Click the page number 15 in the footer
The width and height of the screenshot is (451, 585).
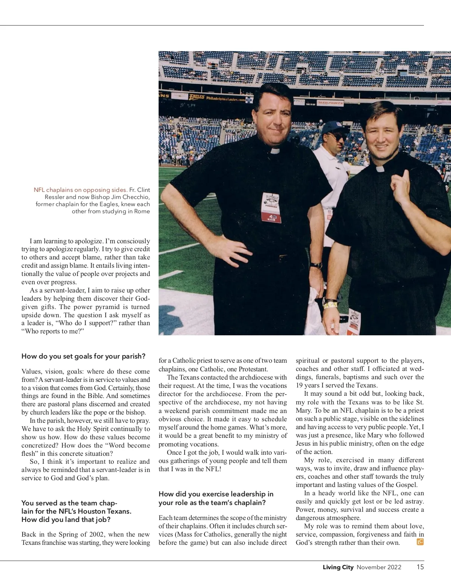(420, 567)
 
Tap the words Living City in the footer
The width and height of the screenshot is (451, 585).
(338, 567)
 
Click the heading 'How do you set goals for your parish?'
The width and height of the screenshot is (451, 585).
(83, 356)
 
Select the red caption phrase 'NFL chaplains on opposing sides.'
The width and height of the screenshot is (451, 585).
(80, 190)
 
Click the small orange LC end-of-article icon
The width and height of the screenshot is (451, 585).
(420, 542)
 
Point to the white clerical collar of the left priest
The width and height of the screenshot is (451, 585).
(275, 151)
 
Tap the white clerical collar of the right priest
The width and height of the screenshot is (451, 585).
(380, 169)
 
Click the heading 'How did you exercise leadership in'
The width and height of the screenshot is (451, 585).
(216, 494)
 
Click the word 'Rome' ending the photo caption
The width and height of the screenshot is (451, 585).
(142, 211)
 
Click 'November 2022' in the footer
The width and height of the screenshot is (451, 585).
(379, 567)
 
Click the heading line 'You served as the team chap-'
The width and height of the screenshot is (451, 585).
(69, 503)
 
